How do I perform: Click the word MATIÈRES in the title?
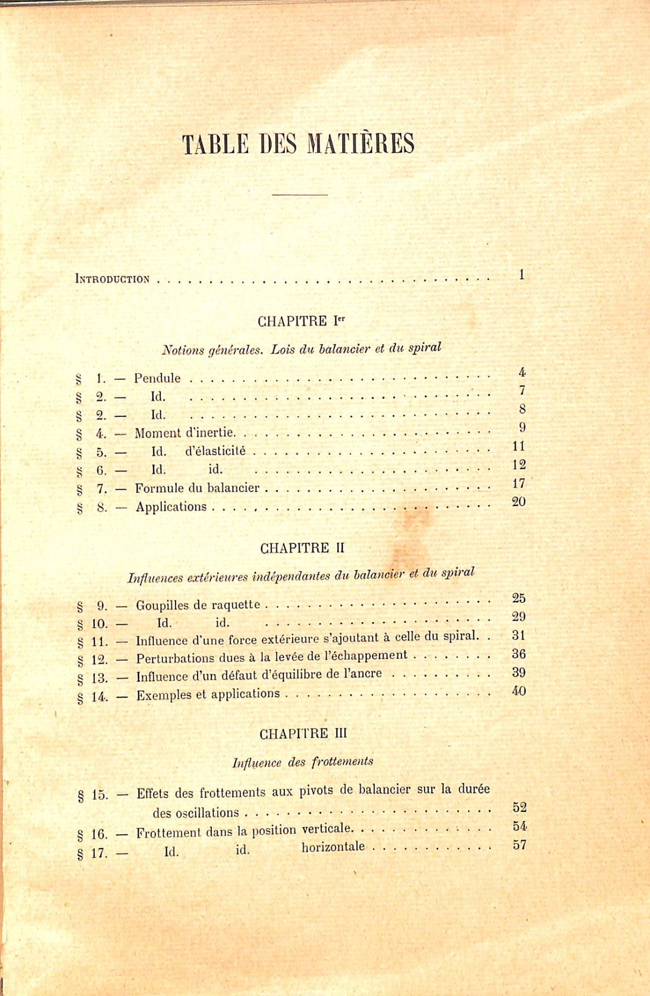360,144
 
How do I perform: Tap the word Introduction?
112,280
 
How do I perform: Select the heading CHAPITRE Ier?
301,321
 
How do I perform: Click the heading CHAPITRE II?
302,548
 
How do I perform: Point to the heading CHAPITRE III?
303,734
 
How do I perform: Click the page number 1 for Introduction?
521,275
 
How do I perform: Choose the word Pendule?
157,378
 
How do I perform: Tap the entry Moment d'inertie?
185,433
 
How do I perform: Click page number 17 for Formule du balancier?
518,483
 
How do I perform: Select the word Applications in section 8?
171,507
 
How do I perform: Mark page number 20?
518,502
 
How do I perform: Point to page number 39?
518,672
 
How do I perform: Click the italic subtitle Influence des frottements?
303,762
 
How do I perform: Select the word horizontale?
333,846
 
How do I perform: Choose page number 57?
519,845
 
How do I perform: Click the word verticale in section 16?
327,829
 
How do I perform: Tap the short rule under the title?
300,194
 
